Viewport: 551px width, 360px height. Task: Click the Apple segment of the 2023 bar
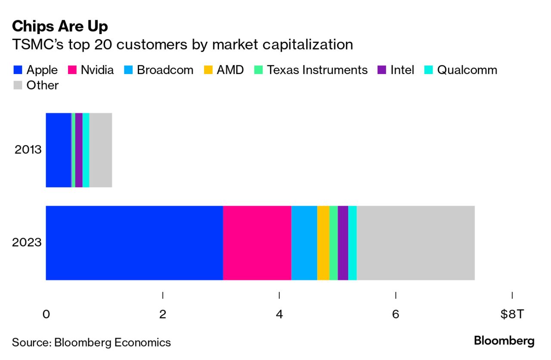[x=134, y=243]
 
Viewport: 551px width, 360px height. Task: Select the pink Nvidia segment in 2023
[x=257, y=243]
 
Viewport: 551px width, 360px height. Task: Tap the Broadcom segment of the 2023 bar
[x=304, y=243]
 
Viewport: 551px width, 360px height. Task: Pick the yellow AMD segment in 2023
[x=323, y=243]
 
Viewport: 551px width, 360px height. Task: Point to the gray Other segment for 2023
[x=415, y=243]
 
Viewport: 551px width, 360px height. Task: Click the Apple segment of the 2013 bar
[x=58, y=150]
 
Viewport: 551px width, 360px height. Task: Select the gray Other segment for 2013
[x=100, y=150]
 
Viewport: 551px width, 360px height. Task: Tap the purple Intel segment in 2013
[x=79, y=150]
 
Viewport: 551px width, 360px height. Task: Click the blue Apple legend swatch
[x=18, y=70]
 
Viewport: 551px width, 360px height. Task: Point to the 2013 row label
[x=28, y=150]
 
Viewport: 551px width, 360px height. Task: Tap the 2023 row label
[x=27, y=243]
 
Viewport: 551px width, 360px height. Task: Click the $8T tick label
[x=512, y=314]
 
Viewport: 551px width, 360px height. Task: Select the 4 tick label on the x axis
[x=279, y=314]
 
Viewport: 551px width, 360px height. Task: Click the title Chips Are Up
[x=60, y=27]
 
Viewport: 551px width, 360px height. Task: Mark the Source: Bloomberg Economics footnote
[x=91, y=342]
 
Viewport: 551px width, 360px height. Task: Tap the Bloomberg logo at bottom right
[x=504, y=341]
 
